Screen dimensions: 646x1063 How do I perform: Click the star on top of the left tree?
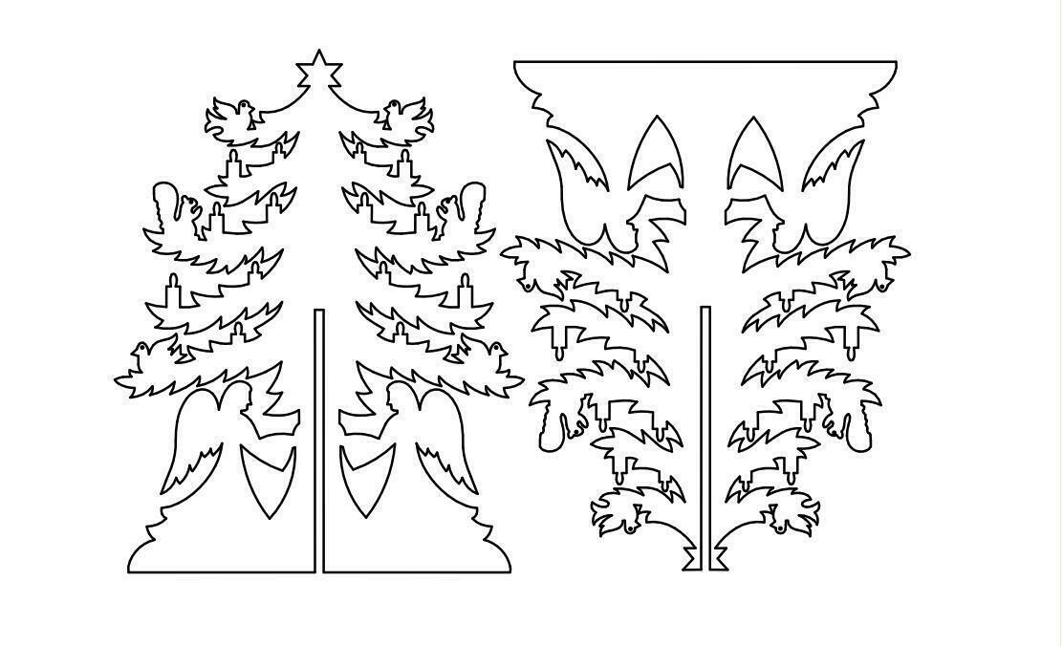[319, 70]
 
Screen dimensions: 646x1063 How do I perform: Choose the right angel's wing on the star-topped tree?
[445, 449]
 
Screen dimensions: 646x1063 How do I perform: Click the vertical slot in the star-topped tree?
[319, 440]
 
